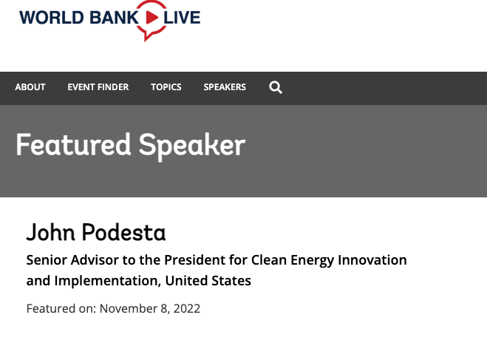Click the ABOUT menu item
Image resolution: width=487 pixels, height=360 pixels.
(30, 87)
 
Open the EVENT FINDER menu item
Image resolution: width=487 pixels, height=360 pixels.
(98, 87)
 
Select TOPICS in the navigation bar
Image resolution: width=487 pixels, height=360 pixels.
(166, 87)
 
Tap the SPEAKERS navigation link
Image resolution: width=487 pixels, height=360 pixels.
(225, 87)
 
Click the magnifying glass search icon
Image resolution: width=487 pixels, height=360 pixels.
(276, 87)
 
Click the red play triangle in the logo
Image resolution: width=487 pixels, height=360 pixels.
(151, 18)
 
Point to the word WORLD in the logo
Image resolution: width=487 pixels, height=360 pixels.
(52, 18)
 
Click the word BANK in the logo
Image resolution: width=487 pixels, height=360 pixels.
(114, 18)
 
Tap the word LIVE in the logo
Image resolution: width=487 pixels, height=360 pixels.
(182, 18)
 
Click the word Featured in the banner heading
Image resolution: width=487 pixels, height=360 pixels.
(73, 145)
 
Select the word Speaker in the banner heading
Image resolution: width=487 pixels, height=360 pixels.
(192, 146)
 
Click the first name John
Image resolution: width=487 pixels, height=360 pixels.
(51, 232)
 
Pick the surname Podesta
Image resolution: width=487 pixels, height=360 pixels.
(124, 232)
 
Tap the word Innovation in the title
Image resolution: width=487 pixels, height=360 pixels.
(372, 260)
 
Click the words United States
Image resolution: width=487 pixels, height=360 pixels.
(208, 281)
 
